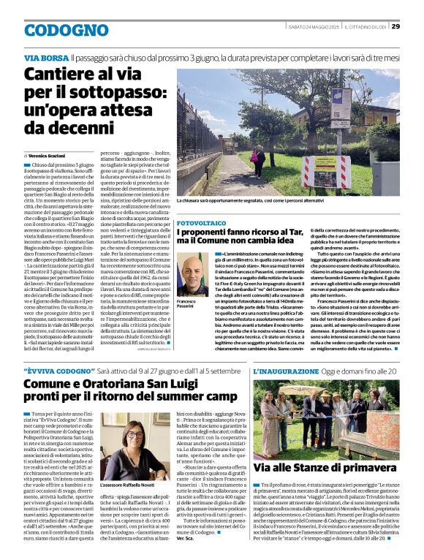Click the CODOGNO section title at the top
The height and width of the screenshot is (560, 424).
coord(67,30)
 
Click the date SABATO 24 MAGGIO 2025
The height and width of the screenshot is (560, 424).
coord(312,26)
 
